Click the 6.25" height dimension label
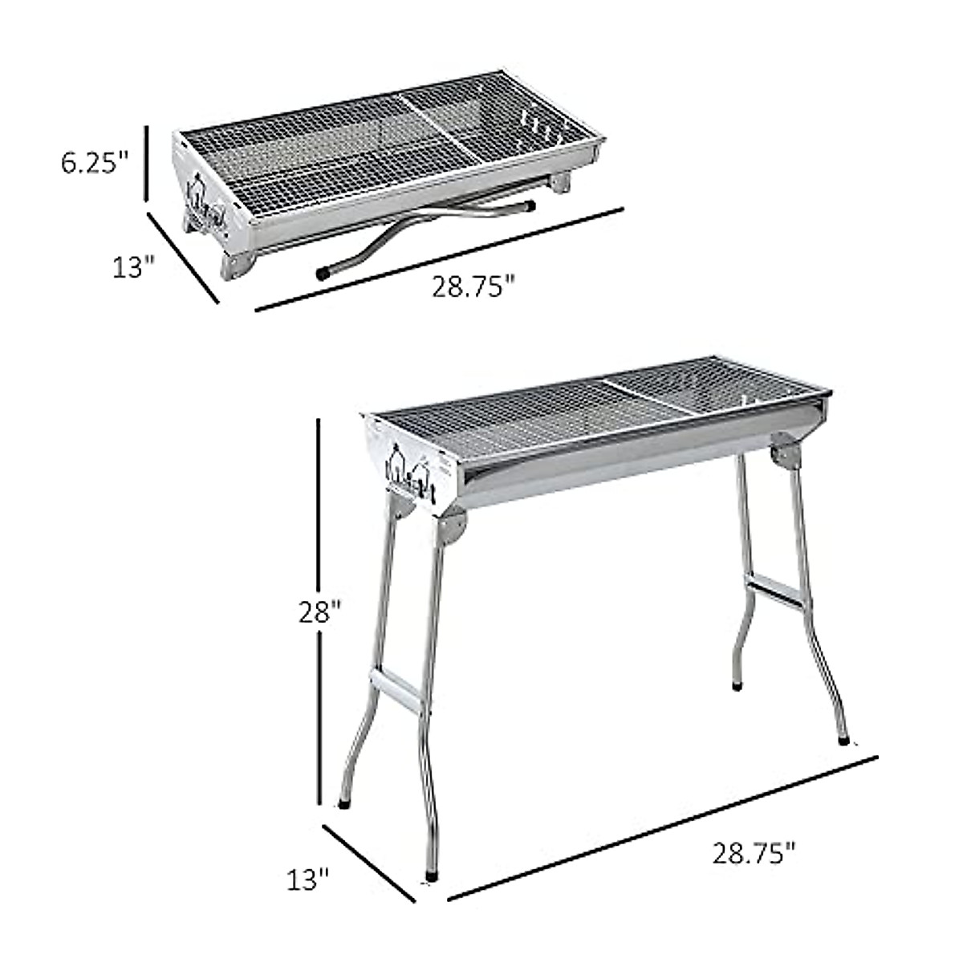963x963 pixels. coord(94,163)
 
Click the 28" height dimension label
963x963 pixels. coord(319,614)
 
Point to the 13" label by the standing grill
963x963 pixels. coord(309,880)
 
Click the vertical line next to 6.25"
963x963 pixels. coord(147,163)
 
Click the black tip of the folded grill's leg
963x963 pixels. coord(323,273)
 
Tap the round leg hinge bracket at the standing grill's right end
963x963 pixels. coord(784,450)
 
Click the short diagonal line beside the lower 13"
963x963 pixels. coord(370,864)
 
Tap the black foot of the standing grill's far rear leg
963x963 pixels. coord(737,687)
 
